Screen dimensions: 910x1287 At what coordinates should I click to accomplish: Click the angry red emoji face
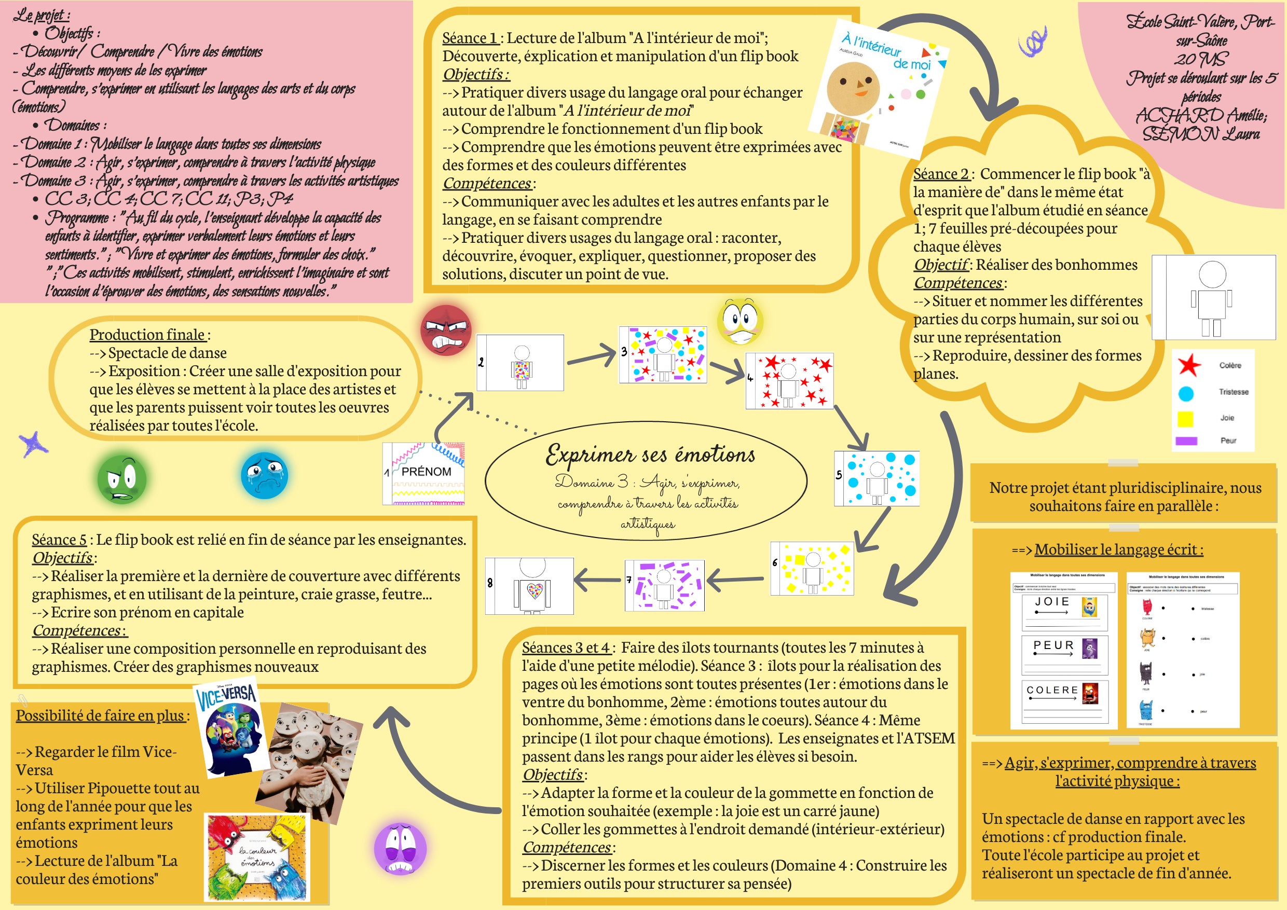point(446,330)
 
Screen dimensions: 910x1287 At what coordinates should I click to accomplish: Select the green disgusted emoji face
point(121,479)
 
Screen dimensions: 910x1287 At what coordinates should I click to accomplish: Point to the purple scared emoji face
point(400,848)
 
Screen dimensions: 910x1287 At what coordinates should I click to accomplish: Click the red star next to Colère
point(1189,365)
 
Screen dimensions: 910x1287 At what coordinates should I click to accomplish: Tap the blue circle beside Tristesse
point(1185,393)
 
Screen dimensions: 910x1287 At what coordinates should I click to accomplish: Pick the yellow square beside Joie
point(1185,419)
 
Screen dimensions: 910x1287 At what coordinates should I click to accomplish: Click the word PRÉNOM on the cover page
point(426,472)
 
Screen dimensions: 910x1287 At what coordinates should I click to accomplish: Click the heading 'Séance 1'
point(470,38)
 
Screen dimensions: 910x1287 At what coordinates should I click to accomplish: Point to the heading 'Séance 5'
point(59,540)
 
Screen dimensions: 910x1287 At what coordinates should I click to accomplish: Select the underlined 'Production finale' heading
point(147,335)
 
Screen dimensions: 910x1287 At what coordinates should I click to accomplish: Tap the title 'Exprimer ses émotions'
point(650,455)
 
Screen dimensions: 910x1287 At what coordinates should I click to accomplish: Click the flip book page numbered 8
point(530,586)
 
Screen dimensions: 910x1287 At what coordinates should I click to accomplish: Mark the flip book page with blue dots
point(877,478)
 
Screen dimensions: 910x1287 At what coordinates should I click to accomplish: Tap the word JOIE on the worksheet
point(1051,602)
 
